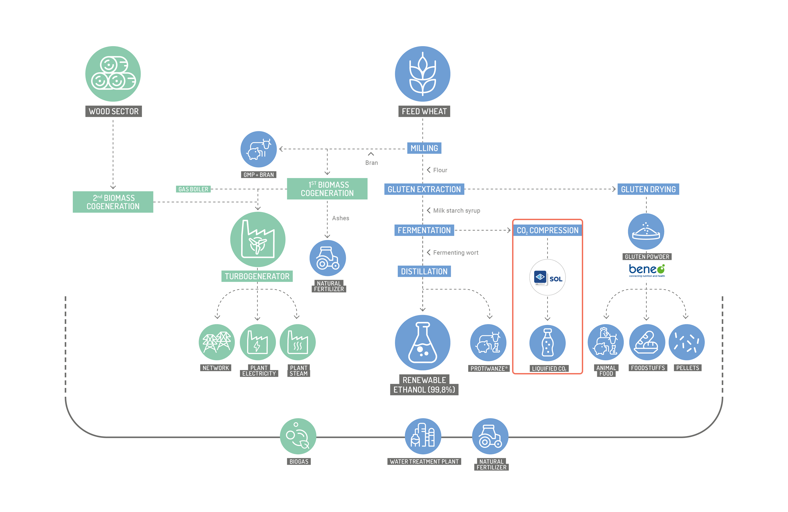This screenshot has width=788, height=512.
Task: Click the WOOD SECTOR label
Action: point(113,111)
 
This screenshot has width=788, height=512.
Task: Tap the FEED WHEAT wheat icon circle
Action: point(423,74)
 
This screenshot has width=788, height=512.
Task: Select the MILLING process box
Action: point(424,148)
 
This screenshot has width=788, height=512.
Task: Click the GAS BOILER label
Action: point(193,189)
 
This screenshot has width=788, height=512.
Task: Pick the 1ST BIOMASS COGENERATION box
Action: point(327,189)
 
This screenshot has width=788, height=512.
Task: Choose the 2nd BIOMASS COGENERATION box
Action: point(113,202)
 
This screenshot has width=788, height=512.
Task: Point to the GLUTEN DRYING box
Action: point(648,189)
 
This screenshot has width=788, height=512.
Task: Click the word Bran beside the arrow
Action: point(372,163)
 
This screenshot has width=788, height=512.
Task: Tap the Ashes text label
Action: point(341,218)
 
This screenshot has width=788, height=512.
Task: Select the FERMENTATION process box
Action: point(424,230)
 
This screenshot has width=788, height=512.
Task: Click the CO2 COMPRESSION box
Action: point(547,230)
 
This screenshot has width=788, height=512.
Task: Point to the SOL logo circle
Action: point(547,277)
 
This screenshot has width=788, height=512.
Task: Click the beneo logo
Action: point(647,270)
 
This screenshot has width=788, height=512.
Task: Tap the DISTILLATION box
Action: point(424,271)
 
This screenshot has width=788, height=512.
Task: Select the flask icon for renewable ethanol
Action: point(423,342)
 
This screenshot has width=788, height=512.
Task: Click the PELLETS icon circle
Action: point(687,342)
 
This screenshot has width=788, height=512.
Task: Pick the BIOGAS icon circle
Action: point(298,436)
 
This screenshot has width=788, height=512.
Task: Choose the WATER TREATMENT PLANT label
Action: point(424,462)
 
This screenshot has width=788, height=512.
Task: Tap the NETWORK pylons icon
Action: point(217,342)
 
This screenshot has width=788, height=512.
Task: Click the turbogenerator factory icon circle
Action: point(258,239)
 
